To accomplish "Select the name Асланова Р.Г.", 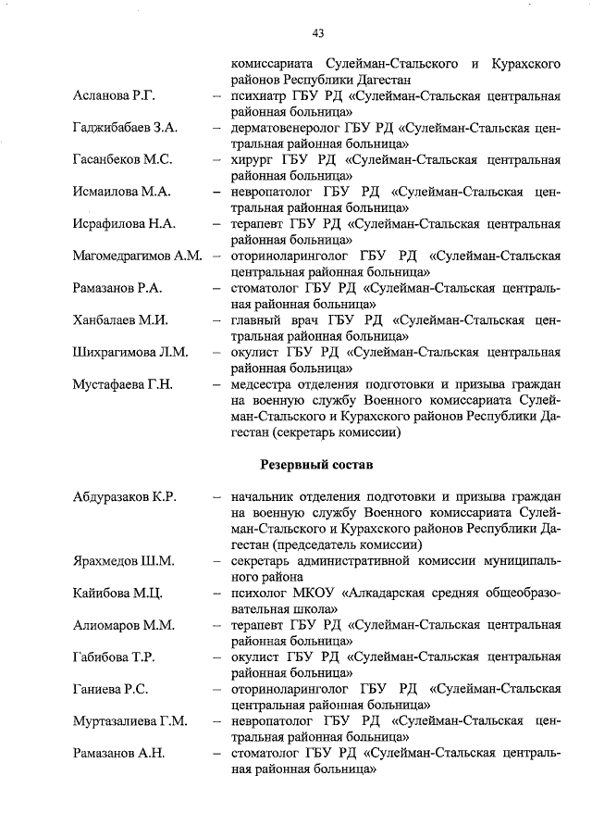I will point(114,96).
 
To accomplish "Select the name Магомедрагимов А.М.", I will point(137,256).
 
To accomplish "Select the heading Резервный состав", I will point(317,463).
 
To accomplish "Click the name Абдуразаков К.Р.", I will point(125,497).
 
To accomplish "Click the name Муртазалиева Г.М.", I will point(129,720).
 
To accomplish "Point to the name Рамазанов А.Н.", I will point(118,752).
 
